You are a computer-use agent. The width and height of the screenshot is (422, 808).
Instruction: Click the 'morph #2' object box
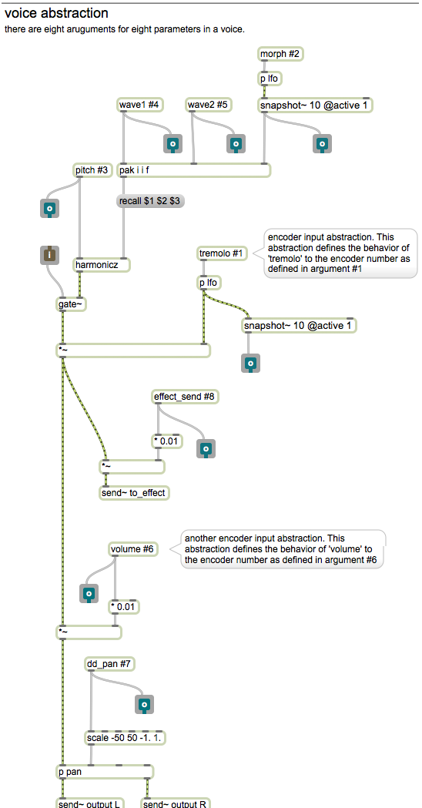click(x=280, y=54)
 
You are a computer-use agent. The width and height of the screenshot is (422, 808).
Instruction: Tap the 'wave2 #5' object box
click(x=208, y=105)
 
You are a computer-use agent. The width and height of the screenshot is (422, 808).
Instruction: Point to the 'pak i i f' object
click(x=194, y=170)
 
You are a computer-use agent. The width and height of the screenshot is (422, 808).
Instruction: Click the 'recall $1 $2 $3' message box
click(x=150, y=201)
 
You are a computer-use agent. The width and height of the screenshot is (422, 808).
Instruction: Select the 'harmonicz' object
click(x=102, y=265)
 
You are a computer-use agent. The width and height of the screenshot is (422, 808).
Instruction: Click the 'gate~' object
click(x=71, y=304)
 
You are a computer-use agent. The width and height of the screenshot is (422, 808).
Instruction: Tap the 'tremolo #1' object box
click(x=223, y=253)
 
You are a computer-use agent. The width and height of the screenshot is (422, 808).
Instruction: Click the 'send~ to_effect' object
click(x=135, y=493)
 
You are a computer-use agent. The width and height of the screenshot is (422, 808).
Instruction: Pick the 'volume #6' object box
click(x=133, y=549)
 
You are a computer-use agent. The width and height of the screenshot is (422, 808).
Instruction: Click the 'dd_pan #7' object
click(x=110, y=665)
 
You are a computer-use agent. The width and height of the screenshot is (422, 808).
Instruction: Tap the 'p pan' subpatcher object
click(x=105, y=772)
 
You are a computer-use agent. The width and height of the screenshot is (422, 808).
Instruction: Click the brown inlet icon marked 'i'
click(x=49, y=255)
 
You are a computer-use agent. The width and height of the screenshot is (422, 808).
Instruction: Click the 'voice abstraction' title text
click(x=56, y=13)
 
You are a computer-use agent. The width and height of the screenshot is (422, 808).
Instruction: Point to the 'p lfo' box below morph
click(x=270, y=79)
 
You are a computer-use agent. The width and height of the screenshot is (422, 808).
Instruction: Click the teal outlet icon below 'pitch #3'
click(x=49, y=208)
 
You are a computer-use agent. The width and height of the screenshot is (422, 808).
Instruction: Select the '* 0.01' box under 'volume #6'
click(x=125, y=606)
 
